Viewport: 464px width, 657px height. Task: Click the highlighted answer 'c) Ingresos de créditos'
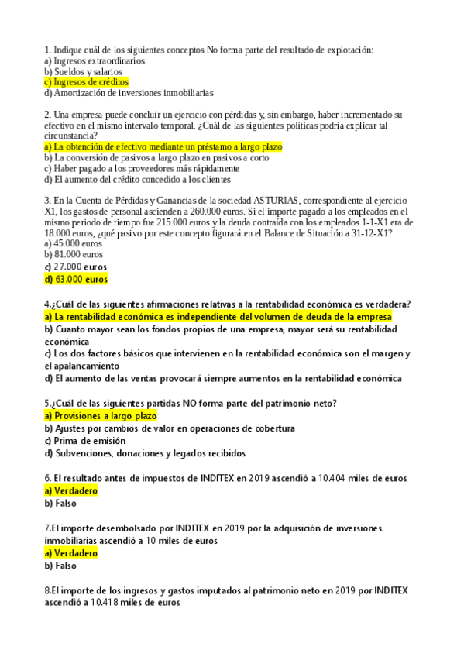coord(87,82)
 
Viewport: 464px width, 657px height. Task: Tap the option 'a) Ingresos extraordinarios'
coord(95,60)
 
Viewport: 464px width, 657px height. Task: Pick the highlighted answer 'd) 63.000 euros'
coord(76,279)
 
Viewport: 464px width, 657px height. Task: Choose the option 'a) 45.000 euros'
coord(74,243)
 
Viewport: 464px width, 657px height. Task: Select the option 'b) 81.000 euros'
coord(74,254)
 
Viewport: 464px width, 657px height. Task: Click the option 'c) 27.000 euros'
coord(75,267)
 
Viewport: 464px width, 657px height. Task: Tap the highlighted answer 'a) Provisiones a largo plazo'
coord(101,416)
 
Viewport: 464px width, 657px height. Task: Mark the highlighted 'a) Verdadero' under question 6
coord(71,491)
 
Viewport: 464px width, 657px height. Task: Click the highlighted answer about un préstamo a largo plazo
coord(163,146)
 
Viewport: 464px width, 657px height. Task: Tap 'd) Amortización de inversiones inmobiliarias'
coord(129,93)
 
